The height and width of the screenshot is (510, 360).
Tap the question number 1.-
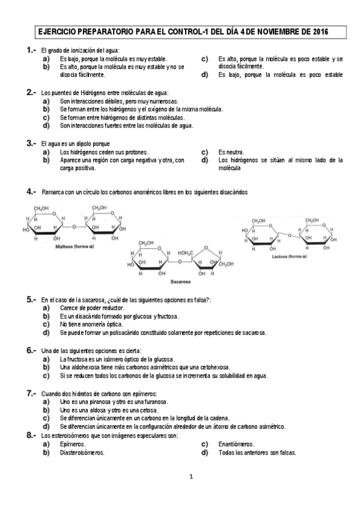coord(31,50)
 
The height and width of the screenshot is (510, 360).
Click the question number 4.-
coord(31,192)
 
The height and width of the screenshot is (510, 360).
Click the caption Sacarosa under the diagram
coord(180,281)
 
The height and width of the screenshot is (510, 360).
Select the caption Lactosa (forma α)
coord(288,256)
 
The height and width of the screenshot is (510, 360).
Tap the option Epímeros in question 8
coord(73,444)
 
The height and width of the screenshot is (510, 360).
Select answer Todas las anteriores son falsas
coord(257,452)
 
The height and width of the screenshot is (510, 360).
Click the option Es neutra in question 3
coord(232,153)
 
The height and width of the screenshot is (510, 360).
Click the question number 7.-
coord(31,393)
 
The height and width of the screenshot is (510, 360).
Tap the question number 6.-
coord(31,350)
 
